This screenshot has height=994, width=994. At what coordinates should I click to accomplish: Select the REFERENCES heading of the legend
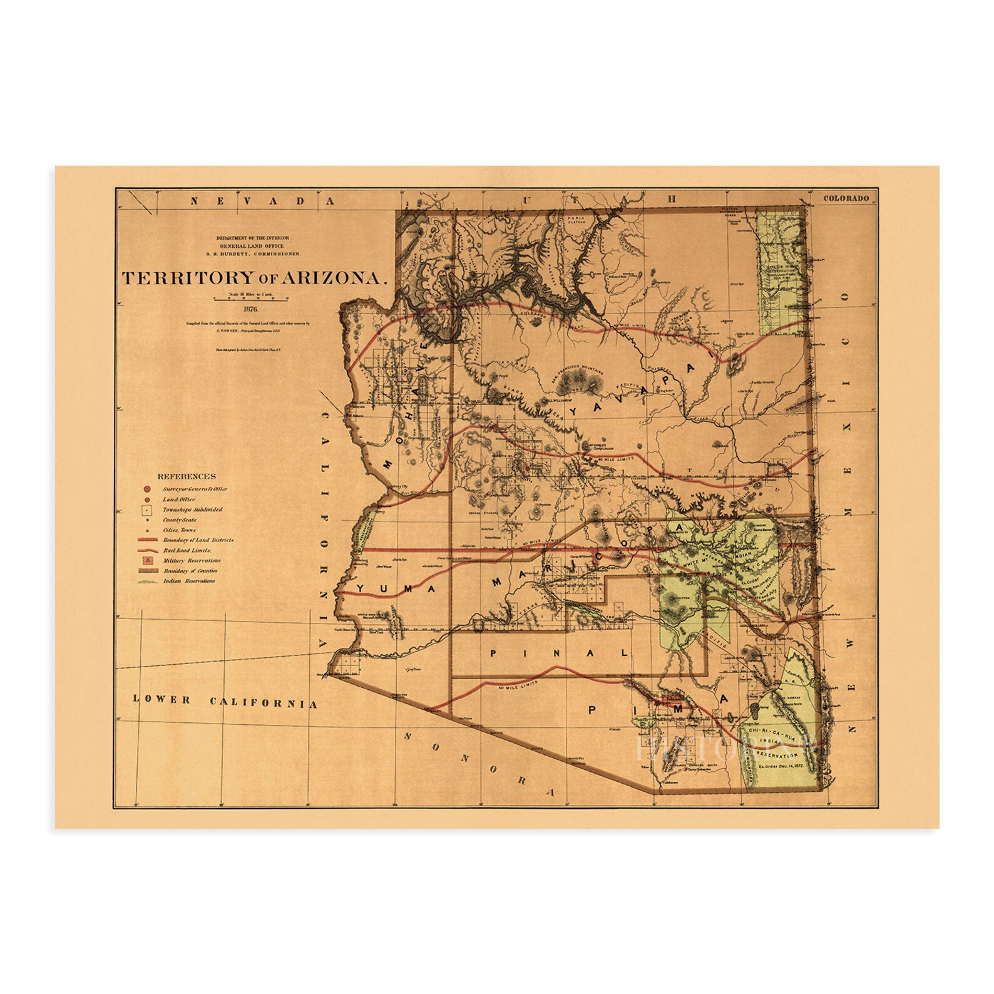[187, 476]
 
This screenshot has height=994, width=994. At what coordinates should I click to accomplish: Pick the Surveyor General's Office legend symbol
[145, 489]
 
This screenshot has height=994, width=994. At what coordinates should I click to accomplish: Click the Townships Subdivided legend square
[145, 510]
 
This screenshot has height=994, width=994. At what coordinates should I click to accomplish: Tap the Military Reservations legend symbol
[145, 560]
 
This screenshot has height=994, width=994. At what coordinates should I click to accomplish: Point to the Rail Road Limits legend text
[187, 550]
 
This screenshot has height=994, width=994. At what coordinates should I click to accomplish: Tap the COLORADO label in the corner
[846, 198]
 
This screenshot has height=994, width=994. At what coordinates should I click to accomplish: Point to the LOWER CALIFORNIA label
[225, 702]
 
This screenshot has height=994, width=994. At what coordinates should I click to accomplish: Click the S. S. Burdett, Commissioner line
[258, 254]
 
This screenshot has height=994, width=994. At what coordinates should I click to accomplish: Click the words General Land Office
[258, 246]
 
